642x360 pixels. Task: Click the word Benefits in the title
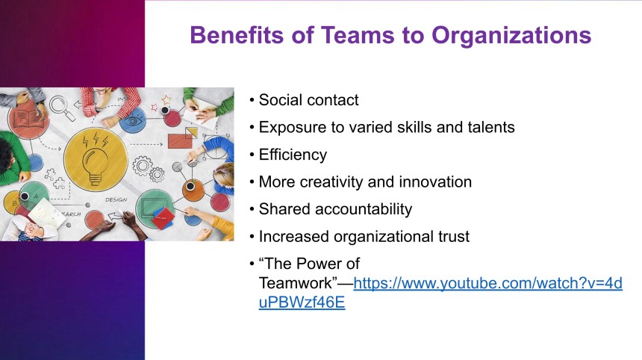coord(237,35)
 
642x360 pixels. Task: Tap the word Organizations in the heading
coord(511,36)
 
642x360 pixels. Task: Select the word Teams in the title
coord(358,35)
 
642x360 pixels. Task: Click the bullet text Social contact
coord(309,100)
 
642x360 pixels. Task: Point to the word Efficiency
coord(293,155)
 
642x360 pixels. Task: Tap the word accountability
coord(364,209)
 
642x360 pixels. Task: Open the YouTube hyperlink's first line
coord(488,283)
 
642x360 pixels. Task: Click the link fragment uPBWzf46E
coord(302,302)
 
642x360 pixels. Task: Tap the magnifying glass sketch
coord(62,108)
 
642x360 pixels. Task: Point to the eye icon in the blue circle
coord(133,121)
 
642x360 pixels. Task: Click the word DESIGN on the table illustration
coord(116,200)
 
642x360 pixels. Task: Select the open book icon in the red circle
coord(28,119)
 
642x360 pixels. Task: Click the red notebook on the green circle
coord(163,217)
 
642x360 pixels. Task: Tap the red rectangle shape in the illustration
coord(180,141)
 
